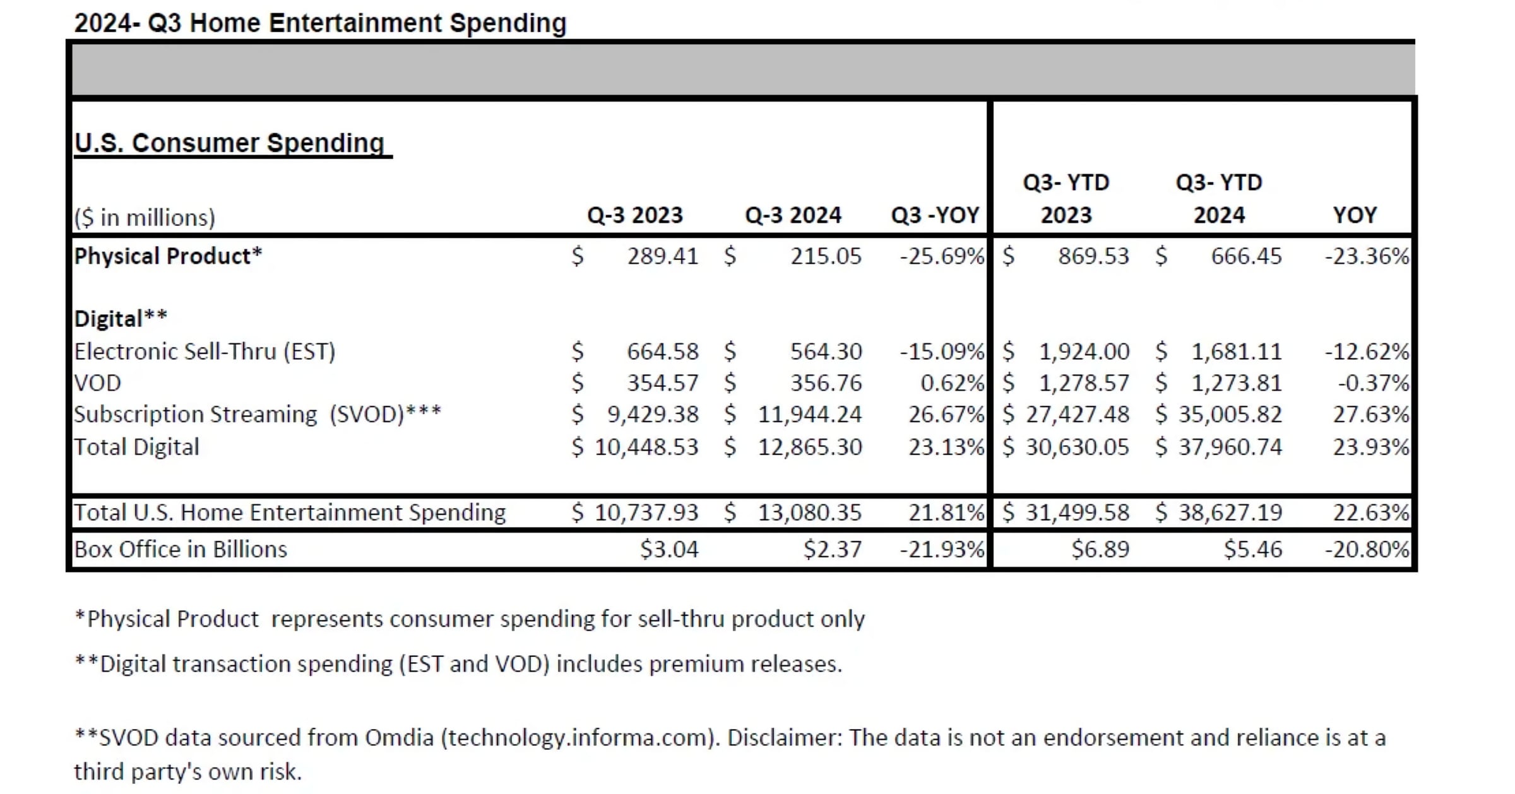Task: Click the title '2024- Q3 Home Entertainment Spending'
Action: pos(320,23)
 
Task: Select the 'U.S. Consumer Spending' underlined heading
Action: pos(230,143)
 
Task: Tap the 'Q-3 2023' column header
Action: pos(635,216)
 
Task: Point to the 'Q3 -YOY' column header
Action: pos(935,216)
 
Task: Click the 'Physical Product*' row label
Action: pos(168,256)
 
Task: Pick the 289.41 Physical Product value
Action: pos(663,256)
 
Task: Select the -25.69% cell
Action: pos(941,256)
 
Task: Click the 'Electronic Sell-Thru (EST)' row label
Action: pos(205,352)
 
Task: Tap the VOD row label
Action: pos(97,383)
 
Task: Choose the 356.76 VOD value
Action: pos(826,383)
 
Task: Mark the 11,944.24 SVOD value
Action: pos(809,415)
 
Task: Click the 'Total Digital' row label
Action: pos(136,447)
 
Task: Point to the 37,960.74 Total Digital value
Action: pos(1230,447)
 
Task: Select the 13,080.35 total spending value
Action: pos(809,513)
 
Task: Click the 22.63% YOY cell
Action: pos(1370,513)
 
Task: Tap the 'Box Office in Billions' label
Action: pos(181,550)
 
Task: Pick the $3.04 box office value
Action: pos(669,550)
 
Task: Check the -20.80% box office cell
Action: pos(1367,550)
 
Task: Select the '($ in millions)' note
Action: pos(145,218)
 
